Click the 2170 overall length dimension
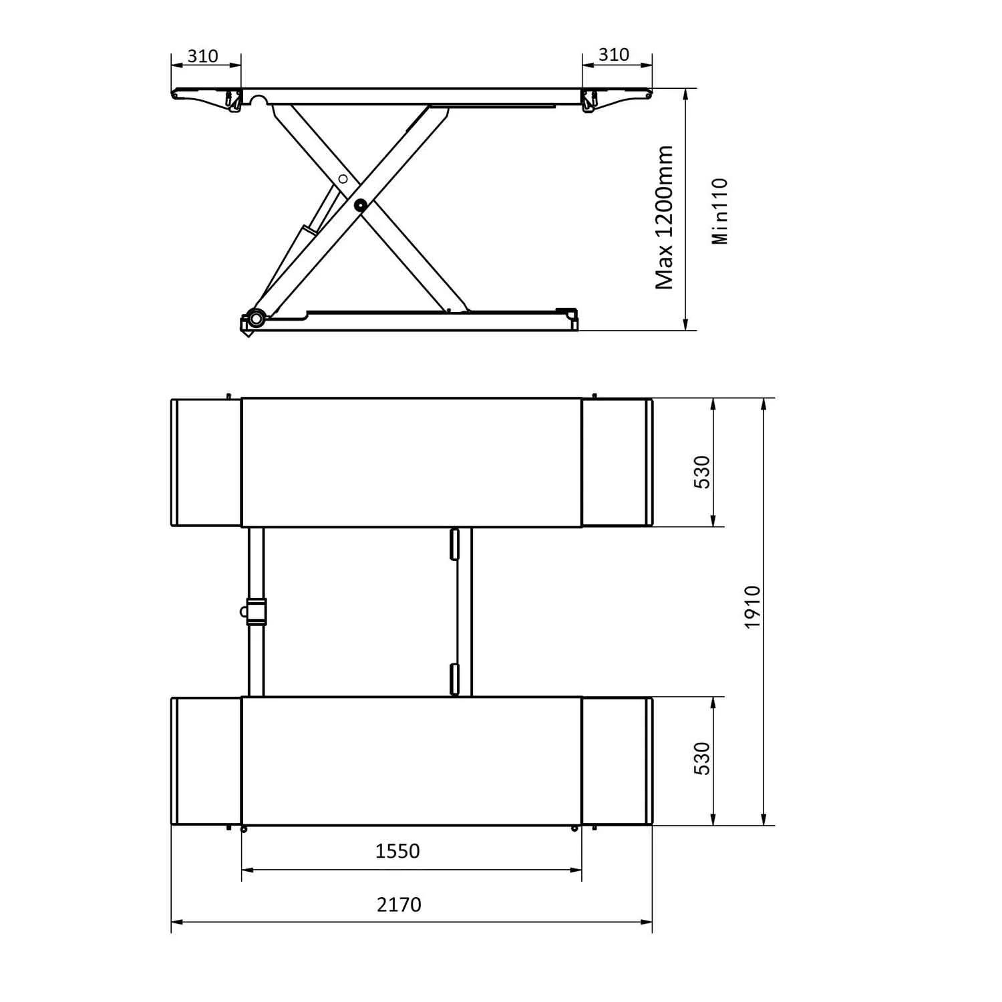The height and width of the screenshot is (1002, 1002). click(x=399, y=904)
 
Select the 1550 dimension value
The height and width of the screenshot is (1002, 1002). click(x=397, y=851)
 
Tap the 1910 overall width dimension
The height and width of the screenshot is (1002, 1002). click(x=753, y=607)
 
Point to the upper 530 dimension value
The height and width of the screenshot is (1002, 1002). click(x=702, y=472)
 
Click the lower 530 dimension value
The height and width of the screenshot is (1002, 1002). click(x=702, y=758)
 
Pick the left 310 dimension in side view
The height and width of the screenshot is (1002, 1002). click(x=202, y=55)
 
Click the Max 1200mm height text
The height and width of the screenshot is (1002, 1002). click(x=665, y=217)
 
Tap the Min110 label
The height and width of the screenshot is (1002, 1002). click(x=720, y=211)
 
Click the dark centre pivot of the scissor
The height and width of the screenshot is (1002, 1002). click(x=361, y=206)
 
